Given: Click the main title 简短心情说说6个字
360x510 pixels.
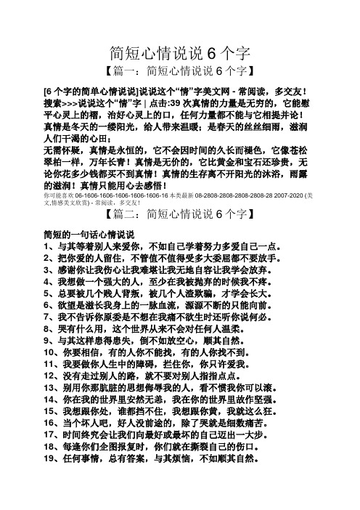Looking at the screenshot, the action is (180, 53).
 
